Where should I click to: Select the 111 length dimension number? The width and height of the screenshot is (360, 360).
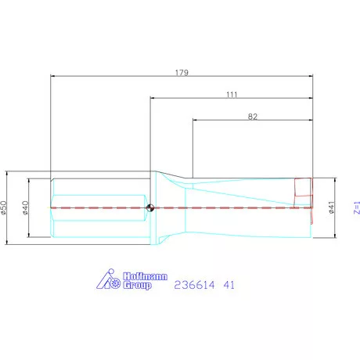coord(232,93)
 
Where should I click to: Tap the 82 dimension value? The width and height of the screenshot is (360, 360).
coord(252,116)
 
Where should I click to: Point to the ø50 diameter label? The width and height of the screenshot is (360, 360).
coord(4,207)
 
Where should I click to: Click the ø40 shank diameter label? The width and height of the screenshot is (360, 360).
coord(26,207)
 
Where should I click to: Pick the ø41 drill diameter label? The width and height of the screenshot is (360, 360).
coord(332,207)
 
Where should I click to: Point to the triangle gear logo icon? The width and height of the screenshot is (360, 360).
coord(106,279)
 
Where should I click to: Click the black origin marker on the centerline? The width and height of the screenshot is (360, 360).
coord(150,207)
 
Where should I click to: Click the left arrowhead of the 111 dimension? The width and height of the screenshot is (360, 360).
coord(153,99)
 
